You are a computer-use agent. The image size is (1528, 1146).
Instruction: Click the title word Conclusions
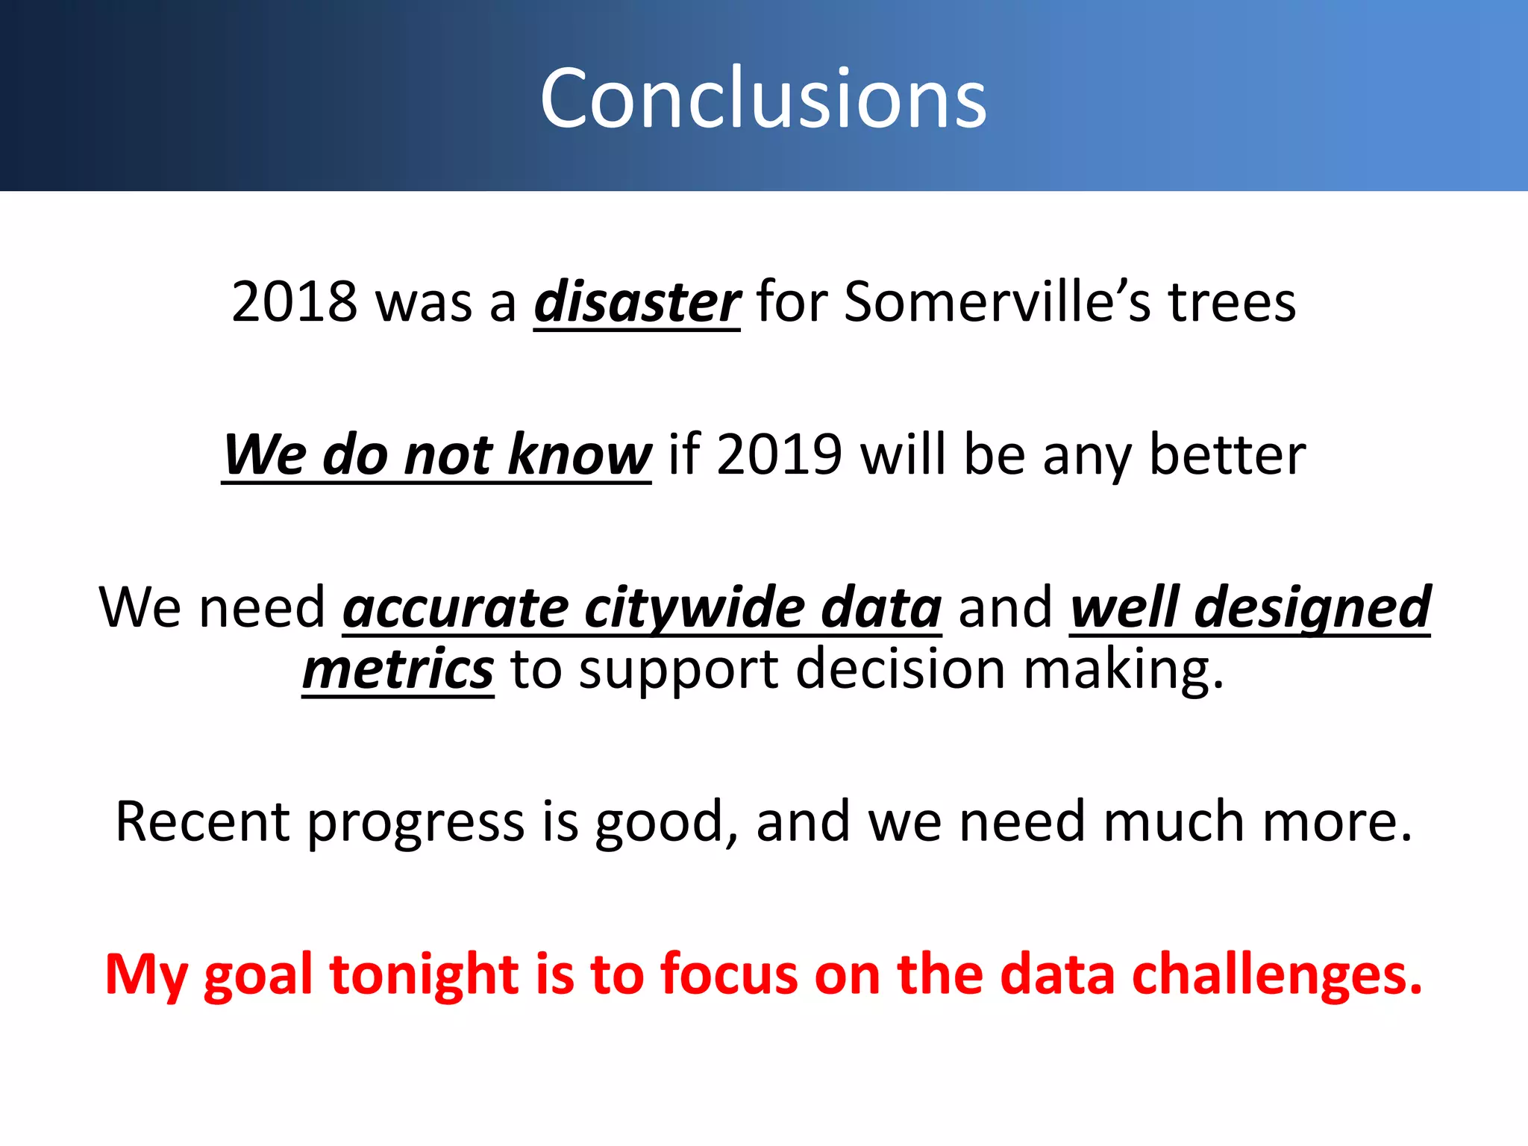763,98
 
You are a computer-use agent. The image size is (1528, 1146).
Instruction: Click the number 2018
295,302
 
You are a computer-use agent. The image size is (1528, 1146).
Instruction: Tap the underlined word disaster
636,302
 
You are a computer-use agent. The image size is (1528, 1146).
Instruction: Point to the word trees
1232,302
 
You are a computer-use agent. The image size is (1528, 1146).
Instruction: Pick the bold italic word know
579,454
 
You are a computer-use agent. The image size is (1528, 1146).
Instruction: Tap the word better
1227,454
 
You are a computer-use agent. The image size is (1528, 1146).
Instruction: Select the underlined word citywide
694,608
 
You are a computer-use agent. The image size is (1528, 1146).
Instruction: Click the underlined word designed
1312,608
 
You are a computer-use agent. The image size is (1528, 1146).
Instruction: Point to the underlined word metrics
398,669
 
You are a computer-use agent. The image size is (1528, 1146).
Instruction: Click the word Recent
202,821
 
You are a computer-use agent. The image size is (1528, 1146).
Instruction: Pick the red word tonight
424,975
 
